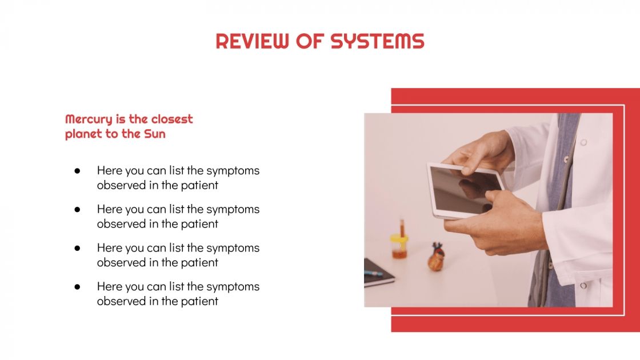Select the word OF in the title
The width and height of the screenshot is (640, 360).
310,41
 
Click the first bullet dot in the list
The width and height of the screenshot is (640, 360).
77,171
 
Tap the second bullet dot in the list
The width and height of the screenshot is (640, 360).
77,210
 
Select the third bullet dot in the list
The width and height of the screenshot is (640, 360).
77,248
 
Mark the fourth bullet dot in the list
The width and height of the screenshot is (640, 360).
77,287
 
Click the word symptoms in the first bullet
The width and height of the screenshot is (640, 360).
233,171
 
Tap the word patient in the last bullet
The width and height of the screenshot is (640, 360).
199,301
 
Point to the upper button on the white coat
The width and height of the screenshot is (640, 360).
583,142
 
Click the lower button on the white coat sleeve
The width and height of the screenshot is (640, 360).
583,286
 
